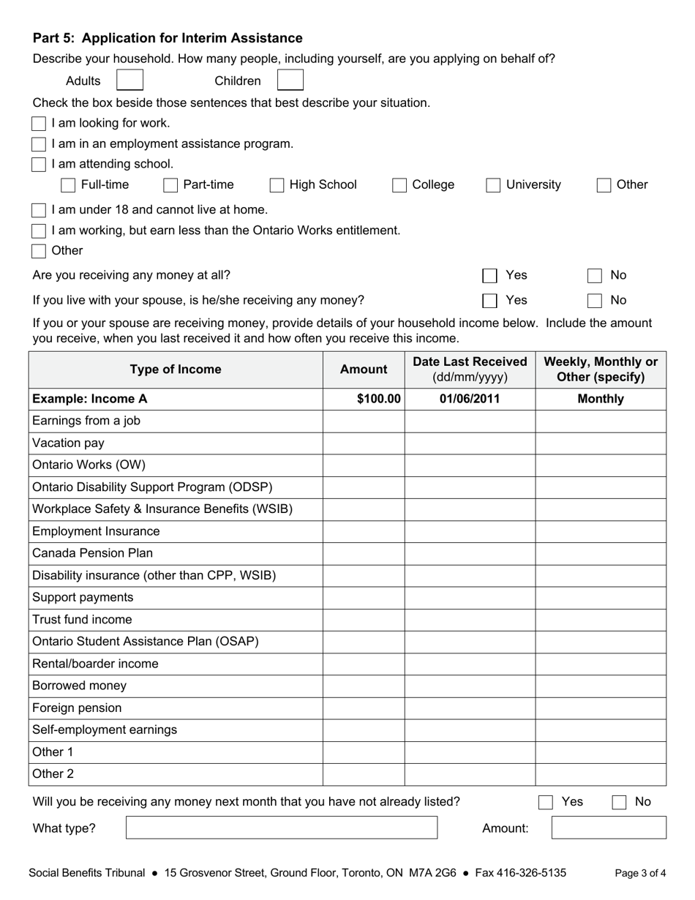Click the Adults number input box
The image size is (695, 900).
click(130, 80)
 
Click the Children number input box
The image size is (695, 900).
click(290, 80)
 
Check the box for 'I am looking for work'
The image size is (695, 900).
click(39, 124)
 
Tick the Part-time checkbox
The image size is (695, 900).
click(170, 186)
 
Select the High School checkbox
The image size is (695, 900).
click(277, 186)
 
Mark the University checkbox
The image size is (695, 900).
click(494, 186)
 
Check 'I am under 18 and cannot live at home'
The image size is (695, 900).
click(39, 211)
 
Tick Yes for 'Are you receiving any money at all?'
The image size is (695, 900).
click(489, 276)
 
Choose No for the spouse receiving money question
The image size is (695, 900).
click(595, 301)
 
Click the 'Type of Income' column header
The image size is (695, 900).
click(176, 370)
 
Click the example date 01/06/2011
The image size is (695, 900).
click(470, 399)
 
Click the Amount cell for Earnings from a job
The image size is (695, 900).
click(364, 421)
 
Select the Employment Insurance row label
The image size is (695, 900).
click(96, 531)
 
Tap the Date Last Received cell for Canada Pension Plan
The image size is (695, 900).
click(470, 553)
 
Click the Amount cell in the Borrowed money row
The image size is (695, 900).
click(364, 686)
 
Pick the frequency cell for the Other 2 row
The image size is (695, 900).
click(601, 774)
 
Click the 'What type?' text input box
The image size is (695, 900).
click(282, 828)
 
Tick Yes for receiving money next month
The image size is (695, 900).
click(546, 803)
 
